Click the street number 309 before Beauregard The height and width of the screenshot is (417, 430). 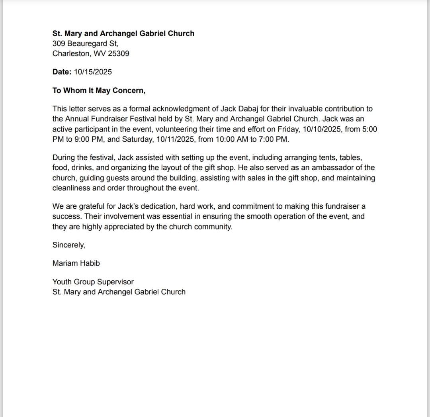[59, 43]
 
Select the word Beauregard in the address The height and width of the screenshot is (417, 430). [84, 43]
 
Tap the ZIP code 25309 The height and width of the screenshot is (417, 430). [118, 53]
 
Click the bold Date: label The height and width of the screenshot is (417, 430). [62, 72]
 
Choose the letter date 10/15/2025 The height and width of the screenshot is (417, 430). [93, 72]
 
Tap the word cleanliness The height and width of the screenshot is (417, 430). [71, 188]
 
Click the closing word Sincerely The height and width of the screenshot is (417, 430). [68, 245]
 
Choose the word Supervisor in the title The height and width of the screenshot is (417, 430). [115, 282]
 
